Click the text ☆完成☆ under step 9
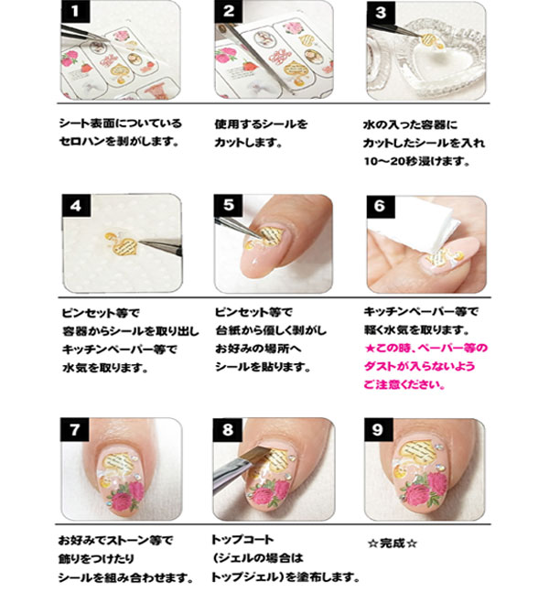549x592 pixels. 392,542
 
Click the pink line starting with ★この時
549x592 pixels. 426,348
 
